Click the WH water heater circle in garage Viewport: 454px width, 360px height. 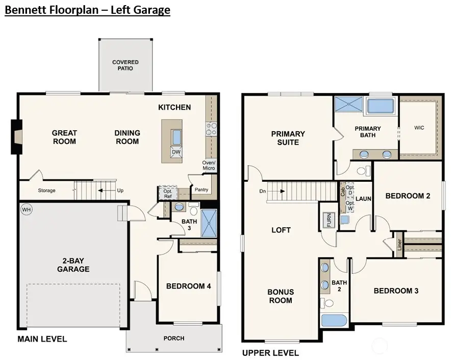[x=26, y=209]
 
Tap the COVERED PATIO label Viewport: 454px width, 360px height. [x=125, y=65]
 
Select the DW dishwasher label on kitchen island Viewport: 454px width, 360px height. [x=176, y=152]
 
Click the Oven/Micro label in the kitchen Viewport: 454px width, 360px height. [x=209, y=165]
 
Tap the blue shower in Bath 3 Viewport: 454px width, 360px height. [x=209, y=223]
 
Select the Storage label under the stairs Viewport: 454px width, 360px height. [x=47, y=190]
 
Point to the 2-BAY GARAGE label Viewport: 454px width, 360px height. [x=73, y=265]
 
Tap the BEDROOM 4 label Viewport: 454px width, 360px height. [x=188, y=286]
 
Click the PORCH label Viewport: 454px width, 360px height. [x=173, y=338]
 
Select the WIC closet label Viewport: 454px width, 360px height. [x=419, y=128]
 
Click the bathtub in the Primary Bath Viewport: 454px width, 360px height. [x=380, y=106]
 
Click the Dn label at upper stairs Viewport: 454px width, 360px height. [x=262, y=191]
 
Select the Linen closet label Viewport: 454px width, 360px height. [x=399, y=244]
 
